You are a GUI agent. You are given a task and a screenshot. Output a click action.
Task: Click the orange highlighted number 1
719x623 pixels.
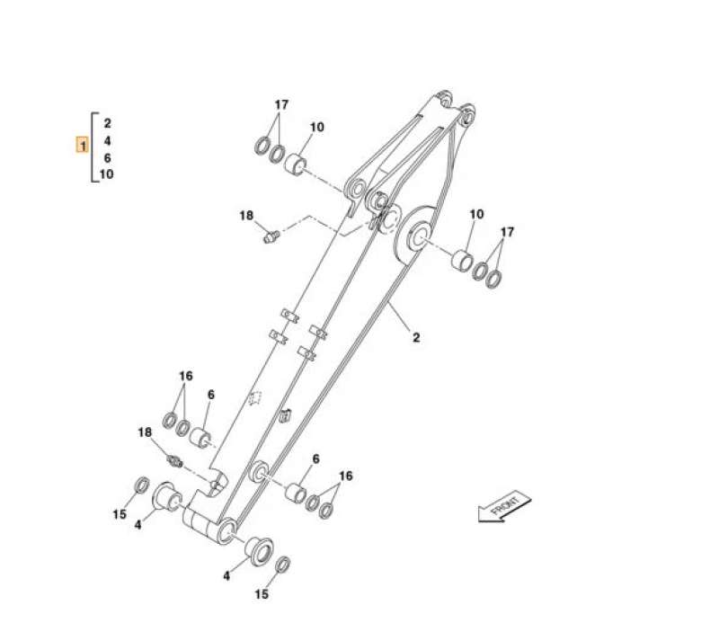[x=82, y=144]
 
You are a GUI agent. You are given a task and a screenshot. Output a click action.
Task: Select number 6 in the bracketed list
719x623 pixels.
[x=107, y=158]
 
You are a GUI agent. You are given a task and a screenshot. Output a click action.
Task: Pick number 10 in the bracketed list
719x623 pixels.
[x=106, y=174]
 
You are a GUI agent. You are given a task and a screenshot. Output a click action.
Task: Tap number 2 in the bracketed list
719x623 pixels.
[x=107, y=123]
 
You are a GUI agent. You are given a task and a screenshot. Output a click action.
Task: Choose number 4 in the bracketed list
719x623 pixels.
[x=107, y=141]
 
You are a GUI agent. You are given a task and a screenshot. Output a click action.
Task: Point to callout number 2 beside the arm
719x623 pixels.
[x=416, y=338]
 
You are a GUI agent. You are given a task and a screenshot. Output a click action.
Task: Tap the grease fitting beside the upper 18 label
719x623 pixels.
[x=269, y=236]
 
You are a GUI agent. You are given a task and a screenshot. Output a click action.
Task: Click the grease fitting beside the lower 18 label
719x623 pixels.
[x=175, y=461]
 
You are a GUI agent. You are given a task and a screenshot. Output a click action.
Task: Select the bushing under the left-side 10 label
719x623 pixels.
[x=296, y=165]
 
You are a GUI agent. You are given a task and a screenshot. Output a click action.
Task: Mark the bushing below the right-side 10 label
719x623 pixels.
[x=461, y=262]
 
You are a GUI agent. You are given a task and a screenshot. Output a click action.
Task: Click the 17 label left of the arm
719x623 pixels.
[x=281, y=105]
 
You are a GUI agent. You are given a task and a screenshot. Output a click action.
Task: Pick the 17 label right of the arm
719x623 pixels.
[x=507, y=233]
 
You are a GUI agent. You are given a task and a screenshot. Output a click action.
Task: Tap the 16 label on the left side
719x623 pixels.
[x=185, y=376]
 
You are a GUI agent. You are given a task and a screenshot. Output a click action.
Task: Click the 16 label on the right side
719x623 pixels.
[x=345, y=476]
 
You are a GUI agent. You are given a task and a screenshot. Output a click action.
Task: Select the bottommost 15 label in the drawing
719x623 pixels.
[x=262, y=594]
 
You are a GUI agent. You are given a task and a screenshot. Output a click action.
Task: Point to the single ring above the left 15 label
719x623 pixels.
[x=142, y=486]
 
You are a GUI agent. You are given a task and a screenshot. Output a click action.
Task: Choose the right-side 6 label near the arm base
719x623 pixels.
[x=315, y=458]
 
